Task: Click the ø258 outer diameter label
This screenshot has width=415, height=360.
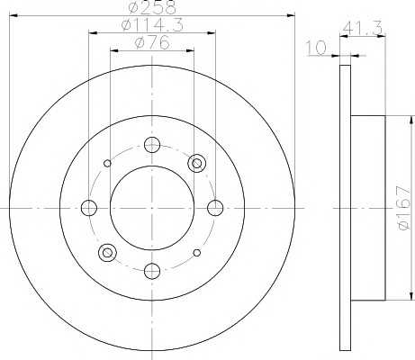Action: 152,7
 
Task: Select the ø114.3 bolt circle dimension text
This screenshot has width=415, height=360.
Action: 152,25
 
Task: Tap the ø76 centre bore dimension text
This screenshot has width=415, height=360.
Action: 152,42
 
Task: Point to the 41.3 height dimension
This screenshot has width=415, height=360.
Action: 362,28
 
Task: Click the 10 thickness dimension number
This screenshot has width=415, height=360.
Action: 316,48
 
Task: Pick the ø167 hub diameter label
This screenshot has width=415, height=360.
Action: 402,208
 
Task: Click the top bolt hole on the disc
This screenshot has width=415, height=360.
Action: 152,145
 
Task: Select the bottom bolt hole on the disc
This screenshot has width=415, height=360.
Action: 152,271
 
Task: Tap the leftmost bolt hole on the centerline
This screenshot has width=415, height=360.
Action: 89,208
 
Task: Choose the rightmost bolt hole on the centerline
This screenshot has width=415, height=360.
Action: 215,208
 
